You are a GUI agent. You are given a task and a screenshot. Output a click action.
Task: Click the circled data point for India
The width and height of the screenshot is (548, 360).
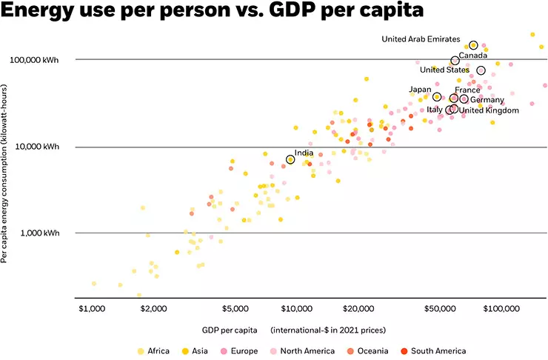(x=290, y=159)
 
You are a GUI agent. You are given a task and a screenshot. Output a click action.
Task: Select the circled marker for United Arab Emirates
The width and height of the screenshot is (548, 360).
(x=473, y=45)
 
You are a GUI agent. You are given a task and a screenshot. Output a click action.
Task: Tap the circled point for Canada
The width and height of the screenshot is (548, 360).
(x=455, y=61)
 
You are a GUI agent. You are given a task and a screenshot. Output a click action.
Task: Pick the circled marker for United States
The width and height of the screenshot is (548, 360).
(x=481, y=70)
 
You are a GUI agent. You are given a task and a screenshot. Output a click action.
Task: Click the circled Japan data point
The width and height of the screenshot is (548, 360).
(x=437, y=97)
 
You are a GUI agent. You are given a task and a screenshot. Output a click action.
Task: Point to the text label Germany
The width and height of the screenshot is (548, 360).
(x=487, y=100)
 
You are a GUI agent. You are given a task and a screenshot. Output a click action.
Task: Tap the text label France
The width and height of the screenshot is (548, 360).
(x=467, y=90)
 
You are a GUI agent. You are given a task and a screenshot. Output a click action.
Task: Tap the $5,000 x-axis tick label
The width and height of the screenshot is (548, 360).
(x=235, y=307)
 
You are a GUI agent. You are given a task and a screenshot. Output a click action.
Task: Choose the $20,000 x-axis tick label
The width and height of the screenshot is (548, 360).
(x=357, y=307)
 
